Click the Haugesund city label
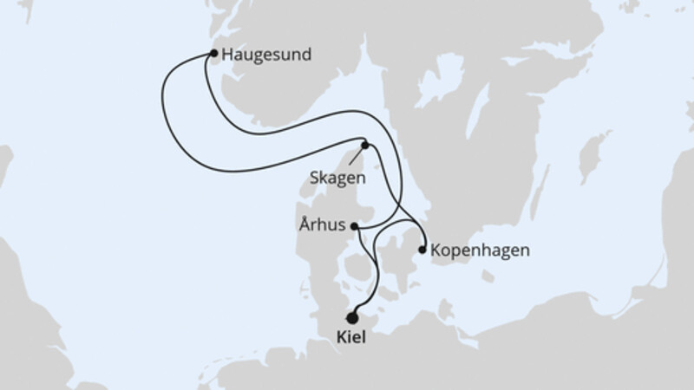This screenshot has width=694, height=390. pyautogui.click(x=265, y=55)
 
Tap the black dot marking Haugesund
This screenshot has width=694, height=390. pyautogui.click(x=213, y=54)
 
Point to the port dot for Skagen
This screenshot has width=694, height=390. pyautogui.click(x=365, y=146)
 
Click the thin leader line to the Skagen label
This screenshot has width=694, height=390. pyautogui.click(x=355, y=159)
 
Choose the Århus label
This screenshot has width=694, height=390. pyautogui.click(x=324, y=226)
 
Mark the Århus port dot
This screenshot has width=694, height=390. pyautogui.click(x=354, y=226)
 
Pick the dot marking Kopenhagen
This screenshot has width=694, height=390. pyautogui.click(x=422, y=250)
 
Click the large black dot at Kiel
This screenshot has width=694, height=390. pyautogui.click(x=352, y=318)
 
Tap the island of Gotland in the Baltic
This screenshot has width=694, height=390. pyautogui.click(x=593, y=156)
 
